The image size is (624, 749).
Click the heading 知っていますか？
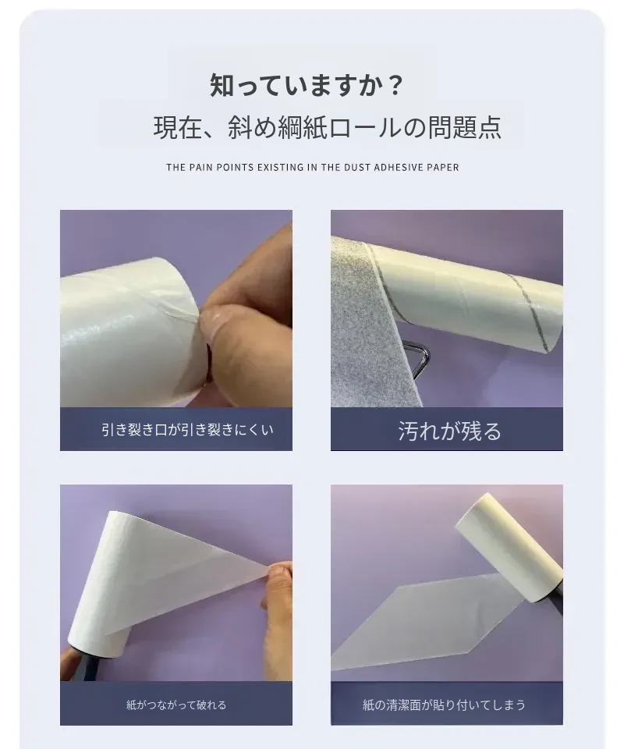(x=307, y=85)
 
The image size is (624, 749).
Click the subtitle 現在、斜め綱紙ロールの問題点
(x=328, y=127)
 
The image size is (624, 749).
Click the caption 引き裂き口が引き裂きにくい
(x=188, y=429)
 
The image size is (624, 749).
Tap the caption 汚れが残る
(x=450, y=431)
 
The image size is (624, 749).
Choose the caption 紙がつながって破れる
(x=176, y=705)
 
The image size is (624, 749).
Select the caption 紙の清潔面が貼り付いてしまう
(x=444, y=705)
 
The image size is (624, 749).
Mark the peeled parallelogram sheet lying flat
(x=425, y=616)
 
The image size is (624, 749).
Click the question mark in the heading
(x=395, y=86)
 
